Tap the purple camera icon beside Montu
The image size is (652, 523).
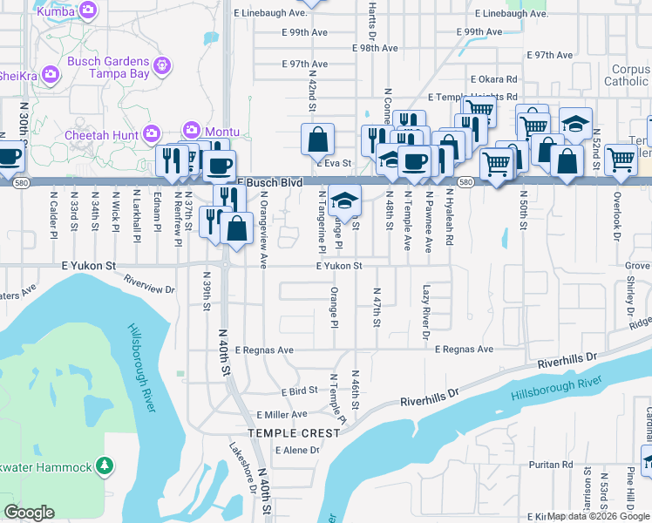[192, 131]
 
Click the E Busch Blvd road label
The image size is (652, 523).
[273, 183]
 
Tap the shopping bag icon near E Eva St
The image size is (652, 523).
[318, 139]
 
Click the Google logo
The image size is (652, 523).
[30, 513]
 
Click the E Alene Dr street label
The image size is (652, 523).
[297, 451]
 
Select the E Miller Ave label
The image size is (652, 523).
[282, 414]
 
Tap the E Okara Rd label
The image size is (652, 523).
[492, 78]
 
